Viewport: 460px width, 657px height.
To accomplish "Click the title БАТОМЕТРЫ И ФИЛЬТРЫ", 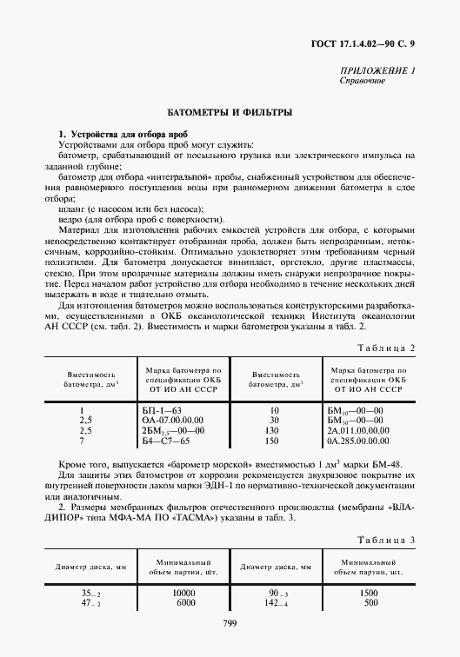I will click(230, 113).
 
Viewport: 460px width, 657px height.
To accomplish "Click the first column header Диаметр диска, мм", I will click(90, 567).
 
